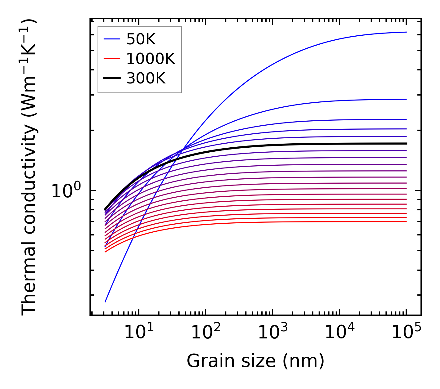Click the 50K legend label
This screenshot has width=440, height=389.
[x=141, y=39]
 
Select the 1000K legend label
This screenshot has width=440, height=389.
[x=150, y=59]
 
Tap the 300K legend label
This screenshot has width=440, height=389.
[x=146, y=78]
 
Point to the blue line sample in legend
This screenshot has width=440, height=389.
[x=112, y=39]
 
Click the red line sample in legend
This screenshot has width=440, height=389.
[x=112, y=58]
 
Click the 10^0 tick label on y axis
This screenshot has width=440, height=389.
[x=66, y=191]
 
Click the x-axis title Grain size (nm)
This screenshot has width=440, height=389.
[x=255, y=361]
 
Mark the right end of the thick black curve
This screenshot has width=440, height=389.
[x=406, y=144]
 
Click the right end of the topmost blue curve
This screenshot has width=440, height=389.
[x=406, y=32]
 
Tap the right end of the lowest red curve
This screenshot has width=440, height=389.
[x=406, y=221]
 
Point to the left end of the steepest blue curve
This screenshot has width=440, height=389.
[x=105, y=302]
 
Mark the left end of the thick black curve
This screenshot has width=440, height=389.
[x=105, y=210]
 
